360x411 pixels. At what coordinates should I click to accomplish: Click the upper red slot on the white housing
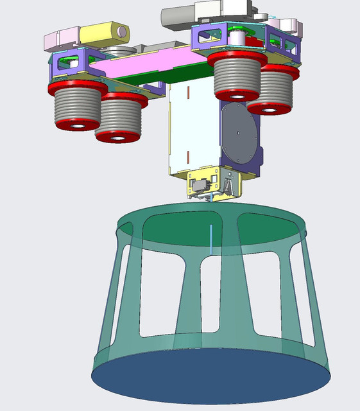[188, 93]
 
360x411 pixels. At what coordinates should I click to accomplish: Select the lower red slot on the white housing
[188, 156]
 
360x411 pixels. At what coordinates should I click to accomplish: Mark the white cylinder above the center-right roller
[239, 38]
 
